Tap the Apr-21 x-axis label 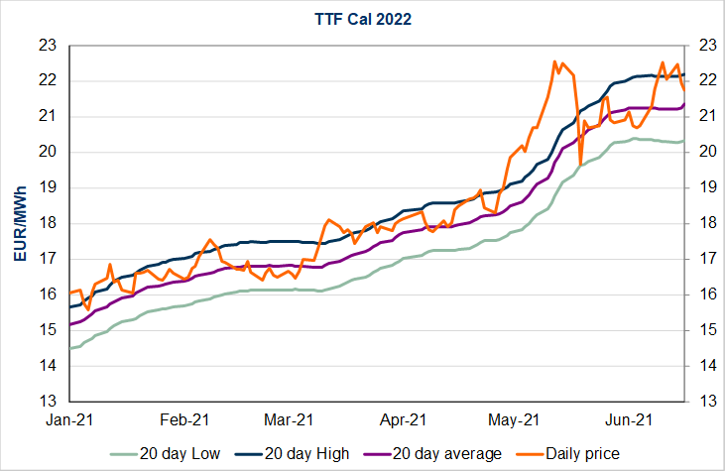pyautogui.click(x=404, y=419)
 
